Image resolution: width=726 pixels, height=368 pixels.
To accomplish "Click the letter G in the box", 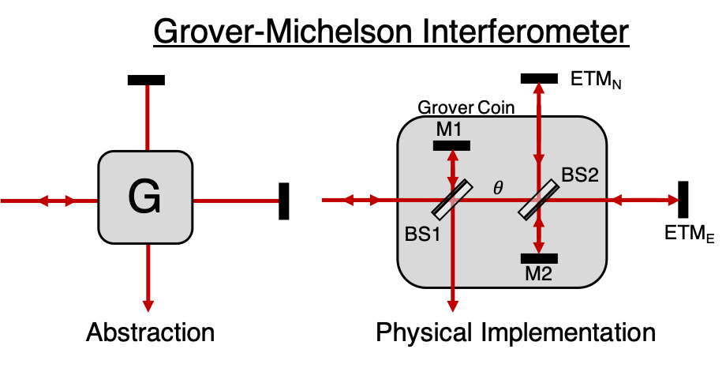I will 144,197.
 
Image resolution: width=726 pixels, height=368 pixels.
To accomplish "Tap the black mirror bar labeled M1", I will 451,145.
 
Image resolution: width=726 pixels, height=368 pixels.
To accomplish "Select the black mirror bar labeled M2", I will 539,258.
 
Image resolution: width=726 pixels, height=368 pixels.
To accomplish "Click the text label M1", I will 449,130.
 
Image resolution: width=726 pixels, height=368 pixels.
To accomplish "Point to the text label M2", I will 538,274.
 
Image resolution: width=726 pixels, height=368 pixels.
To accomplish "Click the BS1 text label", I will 422,235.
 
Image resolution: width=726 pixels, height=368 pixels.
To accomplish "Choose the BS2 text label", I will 580,175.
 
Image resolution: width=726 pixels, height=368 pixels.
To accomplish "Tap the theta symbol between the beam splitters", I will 498,188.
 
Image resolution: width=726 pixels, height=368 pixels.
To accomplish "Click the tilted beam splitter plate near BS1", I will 452,200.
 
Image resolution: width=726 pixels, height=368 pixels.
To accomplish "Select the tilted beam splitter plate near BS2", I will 539,200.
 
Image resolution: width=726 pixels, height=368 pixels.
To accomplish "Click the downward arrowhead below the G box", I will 148,306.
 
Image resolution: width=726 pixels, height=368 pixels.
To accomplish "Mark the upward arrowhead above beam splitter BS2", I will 539,88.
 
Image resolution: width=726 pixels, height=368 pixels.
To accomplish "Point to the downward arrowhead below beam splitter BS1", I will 452,306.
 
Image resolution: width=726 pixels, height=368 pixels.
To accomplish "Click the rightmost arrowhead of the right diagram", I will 673,201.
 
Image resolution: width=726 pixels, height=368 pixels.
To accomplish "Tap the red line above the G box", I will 148,118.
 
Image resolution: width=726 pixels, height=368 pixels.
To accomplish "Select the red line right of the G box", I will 236,201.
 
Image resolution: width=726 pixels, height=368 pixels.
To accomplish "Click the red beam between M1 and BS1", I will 452,167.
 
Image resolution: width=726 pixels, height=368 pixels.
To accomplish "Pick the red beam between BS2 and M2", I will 539,234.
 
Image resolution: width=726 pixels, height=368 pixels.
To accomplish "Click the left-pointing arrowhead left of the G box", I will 43,201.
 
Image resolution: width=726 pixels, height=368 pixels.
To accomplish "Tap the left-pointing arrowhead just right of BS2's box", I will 613,201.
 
